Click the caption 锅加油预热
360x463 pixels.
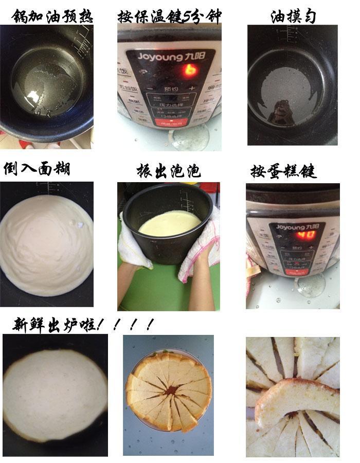pos(52,16)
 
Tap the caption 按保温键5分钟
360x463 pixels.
pos(169,16)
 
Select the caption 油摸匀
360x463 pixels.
pos(293,16)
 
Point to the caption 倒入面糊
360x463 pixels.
pos(37,168)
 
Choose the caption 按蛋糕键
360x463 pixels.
pos(283,170)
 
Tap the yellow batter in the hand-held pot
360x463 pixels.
pos(170,222)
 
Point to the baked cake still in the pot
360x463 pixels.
pos(54,394)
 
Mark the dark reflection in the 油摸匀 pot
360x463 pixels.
pos(280,111)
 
